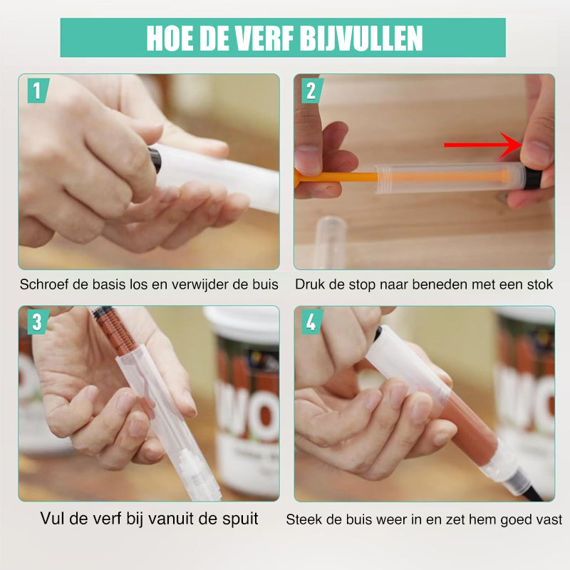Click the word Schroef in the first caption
[44, 285]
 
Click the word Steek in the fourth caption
[303, 519]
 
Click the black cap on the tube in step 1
[155, 158]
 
